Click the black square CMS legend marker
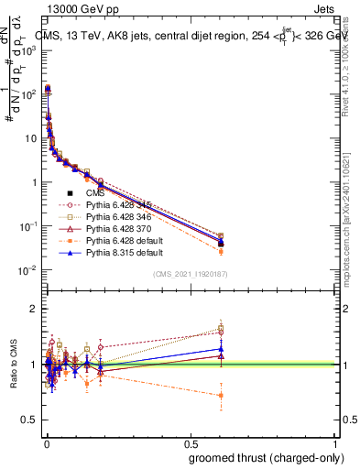point(70,194)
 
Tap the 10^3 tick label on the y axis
point(27,50)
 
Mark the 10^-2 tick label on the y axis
point(27,270)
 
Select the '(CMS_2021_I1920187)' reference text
point(190,274)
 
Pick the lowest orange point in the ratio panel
point(220,396)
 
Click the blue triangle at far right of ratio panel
point(220,349)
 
